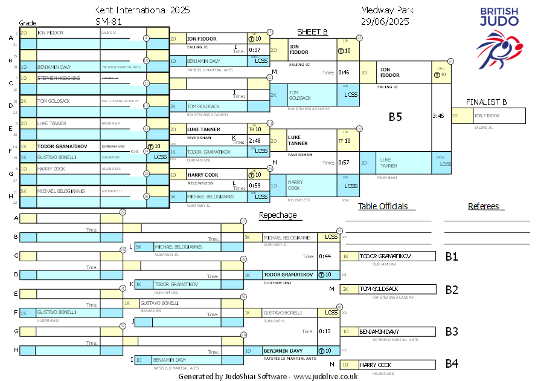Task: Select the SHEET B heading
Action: click(312, 32)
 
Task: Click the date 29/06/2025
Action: click(385, 22)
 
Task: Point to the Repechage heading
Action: click(278, 215)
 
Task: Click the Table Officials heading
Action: click(383, 206)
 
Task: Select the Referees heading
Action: click(483, 206)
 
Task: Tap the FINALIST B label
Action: click(486, 102)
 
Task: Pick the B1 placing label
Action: click(452, 256)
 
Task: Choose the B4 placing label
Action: click(452, 363)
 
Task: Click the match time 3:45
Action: click(439, 116)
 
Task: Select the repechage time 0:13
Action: click(325, 331)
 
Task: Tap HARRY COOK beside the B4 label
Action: click(376, 365)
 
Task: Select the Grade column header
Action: click(28, 23)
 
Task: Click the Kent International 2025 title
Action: click(142, 10)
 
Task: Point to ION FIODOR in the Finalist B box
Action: click(488, 116)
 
